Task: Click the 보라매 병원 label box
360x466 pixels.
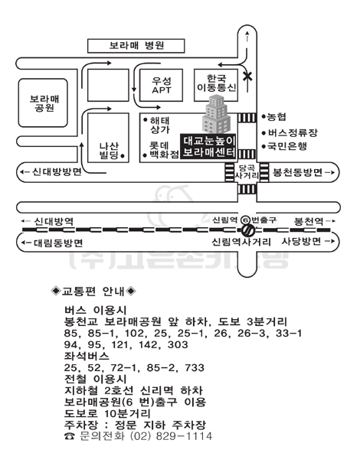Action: coord(136,46)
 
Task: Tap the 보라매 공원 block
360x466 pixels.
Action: coord(43,103)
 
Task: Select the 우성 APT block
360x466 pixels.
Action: coord(161,85)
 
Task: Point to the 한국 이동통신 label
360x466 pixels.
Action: coord(216,83)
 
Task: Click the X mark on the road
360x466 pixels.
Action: coord(247,76)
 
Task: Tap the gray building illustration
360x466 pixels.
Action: coord(216,114)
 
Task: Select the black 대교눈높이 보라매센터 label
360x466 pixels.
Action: coord(209,146)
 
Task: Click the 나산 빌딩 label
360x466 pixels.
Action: coord(110,151)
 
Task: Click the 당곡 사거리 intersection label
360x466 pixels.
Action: coord(247,171)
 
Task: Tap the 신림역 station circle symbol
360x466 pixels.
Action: coord(247,230)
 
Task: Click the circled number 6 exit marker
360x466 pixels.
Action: coord(245,220)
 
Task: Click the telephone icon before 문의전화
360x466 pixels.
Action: coord(70,436)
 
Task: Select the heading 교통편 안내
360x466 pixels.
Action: coord(93,291)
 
